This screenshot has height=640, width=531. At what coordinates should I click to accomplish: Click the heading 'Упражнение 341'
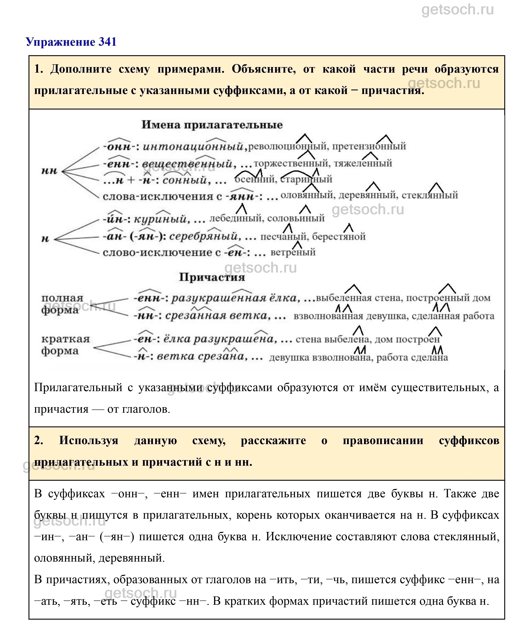point(71,42)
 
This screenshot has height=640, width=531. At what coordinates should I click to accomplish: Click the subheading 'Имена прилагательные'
point(212,125)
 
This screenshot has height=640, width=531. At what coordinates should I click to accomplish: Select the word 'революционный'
point(288,147)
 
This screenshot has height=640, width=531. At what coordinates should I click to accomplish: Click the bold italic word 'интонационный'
point(193,147)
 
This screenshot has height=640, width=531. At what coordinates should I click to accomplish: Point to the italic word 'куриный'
point(160,219)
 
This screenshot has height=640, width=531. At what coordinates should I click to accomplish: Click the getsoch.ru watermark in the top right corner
point(457,10)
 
